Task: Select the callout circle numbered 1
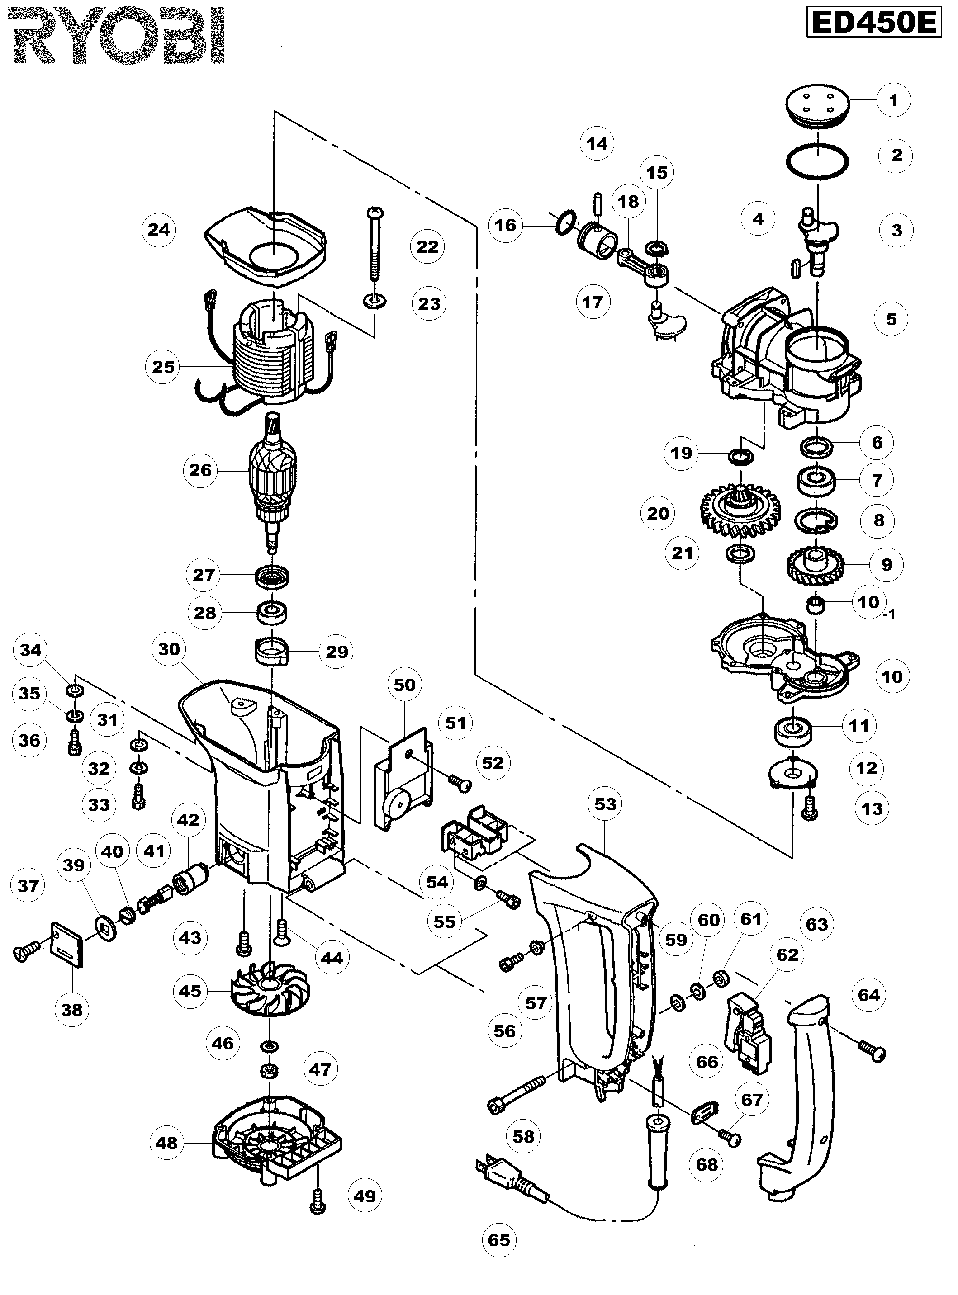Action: click(x=893, y=100)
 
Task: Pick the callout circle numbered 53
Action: click(x=605, y=804)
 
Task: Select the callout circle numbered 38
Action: click(x=72, y=1010)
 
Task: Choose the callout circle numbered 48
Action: click(x=167, y=1143)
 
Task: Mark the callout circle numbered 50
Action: click(x=404, y=685)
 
